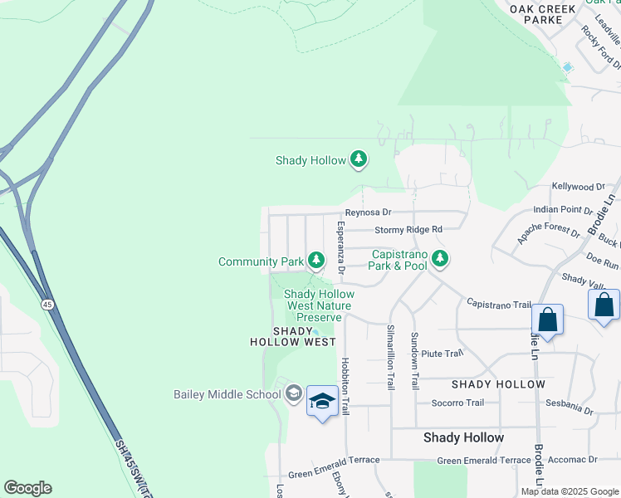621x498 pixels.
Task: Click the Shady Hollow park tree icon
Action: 358,159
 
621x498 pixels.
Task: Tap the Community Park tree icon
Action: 316,261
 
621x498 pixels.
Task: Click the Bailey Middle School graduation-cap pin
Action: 322,403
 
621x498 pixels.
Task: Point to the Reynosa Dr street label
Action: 368,212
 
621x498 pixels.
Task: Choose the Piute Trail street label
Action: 441,354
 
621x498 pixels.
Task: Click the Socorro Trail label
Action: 457,403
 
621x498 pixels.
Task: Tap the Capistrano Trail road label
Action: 498,305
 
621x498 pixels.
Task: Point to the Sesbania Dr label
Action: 570,410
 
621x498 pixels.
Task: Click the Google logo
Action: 27,488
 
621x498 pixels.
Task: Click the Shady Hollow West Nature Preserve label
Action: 319,305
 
